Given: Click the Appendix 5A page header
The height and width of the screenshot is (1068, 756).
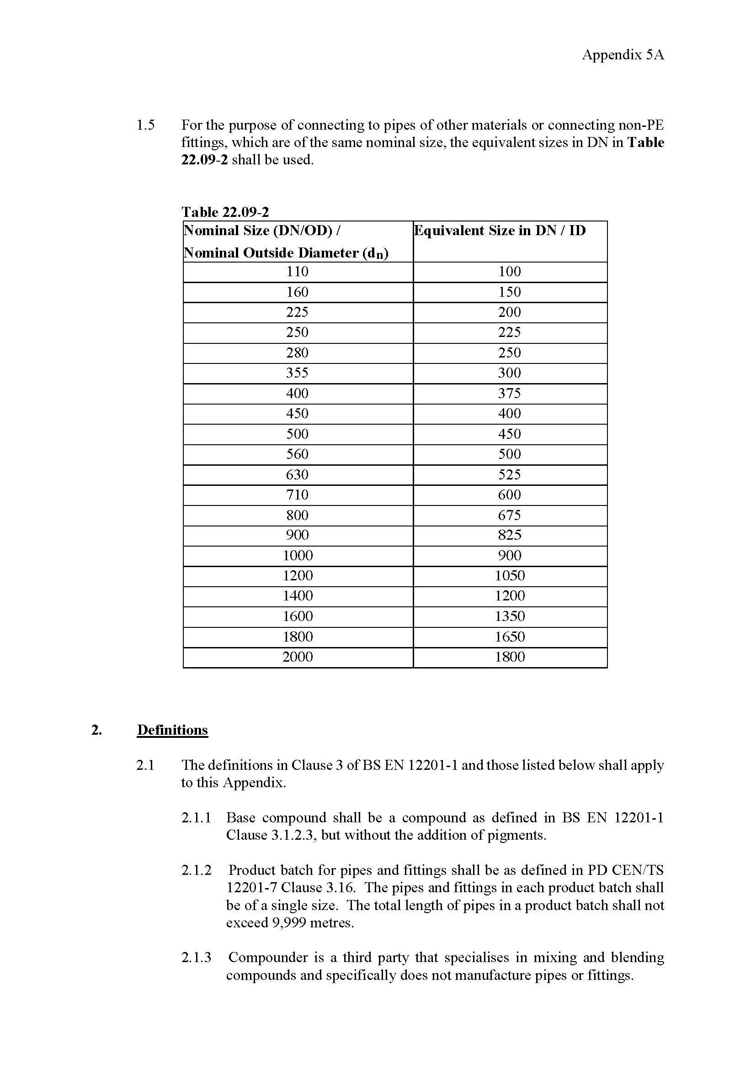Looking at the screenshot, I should [623, 55].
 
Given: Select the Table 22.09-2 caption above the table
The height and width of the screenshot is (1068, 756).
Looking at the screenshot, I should [225, 212].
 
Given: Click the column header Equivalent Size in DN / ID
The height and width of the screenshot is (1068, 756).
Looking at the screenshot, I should [500, 231].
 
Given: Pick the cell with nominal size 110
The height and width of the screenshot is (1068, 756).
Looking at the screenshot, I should [297, 272].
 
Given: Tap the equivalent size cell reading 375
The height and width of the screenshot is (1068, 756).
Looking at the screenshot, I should [509, 394].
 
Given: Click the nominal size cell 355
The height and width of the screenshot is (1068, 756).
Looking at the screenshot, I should [297, 373].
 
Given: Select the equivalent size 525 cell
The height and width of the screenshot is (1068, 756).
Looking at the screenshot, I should [509, 474].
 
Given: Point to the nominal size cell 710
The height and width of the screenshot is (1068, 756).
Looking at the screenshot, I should [297, 495].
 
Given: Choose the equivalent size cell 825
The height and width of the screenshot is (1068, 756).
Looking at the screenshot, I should [509, 536].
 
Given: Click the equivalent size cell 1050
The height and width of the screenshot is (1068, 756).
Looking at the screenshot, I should [509, 576].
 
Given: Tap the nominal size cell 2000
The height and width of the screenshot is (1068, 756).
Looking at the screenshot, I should [297, 657].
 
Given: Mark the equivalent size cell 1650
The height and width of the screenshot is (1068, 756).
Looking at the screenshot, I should [509, 637].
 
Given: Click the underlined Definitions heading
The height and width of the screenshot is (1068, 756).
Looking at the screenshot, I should [172, 730].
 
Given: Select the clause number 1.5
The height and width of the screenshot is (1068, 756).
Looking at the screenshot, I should [145, 125].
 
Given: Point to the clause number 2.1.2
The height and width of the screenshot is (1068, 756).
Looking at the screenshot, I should [196, 870].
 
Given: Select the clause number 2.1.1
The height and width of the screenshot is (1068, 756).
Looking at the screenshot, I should [196, 818].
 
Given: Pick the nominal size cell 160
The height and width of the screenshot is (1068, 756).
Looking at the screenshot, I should [297, 292].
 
